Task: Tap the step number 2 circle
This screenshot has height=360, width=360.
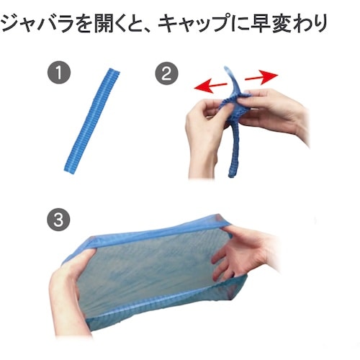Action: coord(166,73)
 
